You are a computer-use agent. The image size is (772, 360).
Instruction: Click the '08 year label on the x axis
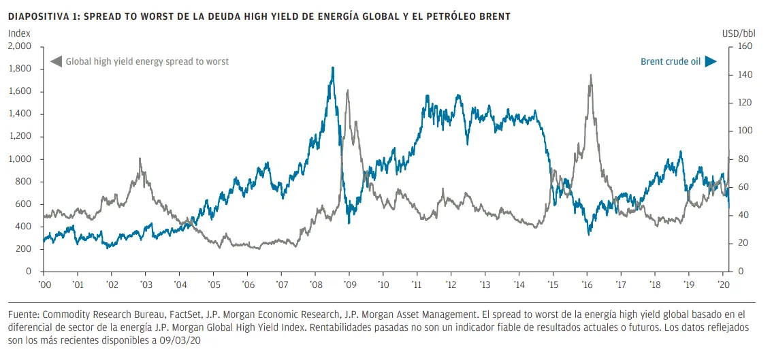point(315,284)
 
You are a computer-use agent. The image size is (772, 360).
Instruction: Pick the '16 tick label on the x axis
point(586,284)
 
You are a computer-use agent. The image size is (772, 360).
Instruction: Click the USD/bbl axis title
point(739,33)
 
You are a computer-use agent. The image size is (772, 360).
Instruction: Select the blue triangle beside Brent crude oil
point(711,61)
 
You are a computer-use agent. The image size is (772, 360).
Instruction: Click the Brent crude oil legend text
point(670,61)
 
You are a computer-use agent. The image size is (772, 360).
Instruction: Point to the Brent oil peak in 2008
point(332,67)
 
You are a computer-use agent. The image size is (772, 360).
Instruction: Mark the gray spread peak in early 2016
point(590,75)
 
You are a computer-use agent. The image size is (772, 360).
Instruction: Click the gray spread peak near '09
point(348,90)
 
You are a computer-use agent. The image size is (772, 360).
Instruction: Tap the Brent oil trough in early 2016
point(588,234)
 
